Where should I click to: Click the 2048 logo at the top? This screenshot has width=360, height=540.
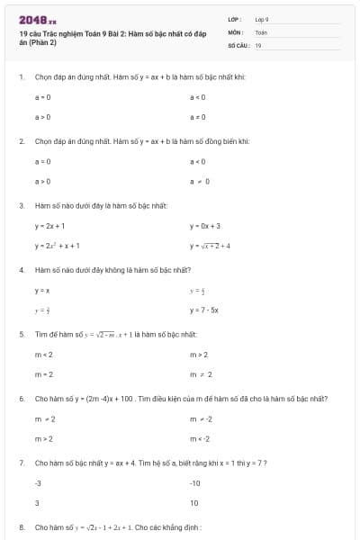coord(37,20)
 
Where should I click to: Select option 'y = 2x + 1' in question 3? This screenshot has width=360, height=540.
coord(49,226)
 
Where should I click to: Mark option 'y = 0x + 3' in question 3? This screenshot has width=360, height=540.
coord(205,226)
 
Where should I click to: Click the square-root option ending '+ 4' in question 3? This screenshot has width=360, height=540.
coord(210,245)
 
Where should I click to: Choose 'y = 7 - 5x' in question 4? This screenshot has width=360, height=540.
coord(204,310)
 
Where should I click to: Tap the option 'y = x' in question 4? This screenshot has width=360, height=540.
coord(42,290)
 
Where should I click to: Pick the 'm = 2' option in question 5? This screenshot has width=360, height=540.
coord(43,373)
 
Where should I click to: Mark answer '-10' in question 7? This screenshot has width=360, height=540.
coord(195,483)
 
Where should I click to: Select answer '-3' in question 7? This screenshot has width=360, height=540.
coord(39,483)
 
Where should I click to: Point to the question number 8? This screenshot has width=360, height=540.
coord(21,526)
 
